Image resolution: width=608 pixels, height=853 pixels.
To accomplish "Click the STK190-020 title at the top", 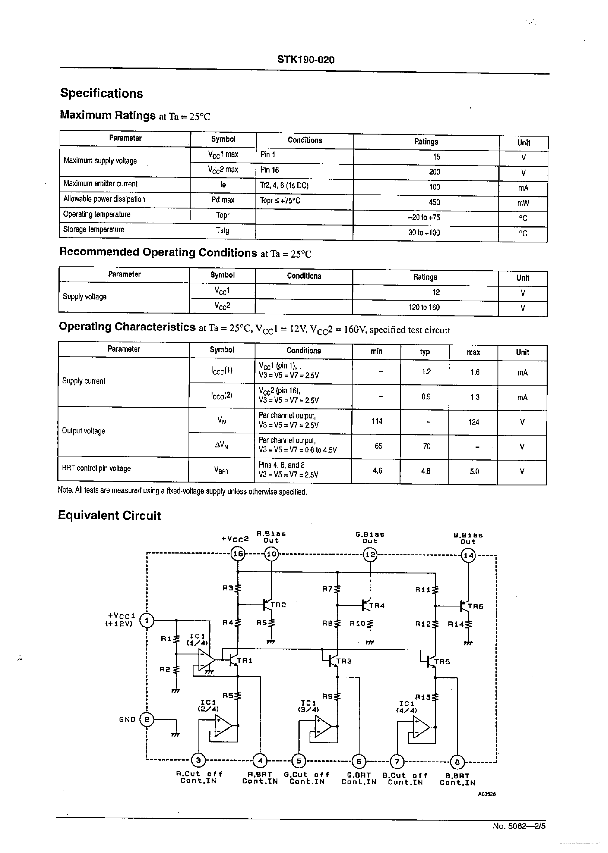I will click(305, 60).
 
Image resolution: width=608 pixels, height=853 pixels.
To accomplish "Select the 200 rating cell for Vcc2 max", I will click(434, 172).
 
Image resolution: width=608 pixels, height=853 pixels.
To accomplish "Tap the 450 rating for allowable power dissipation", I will click(434, 202).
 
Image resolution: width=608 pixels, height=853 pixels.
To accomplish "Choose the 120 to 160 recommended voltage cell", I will click(424, 307).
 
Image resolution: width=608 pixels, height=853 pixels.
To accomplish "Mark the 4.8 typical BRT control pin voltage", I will click(425, 471).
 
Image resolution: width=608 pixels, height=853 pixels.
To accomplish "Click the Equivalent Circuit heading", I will click(109, 516).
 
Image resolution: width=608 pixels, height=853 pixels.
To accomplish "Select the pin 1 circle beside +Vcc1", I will click(147, 621).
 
